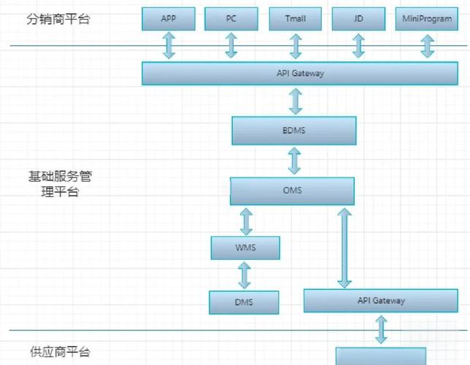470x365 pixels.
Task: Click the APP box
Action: click(x=169, y=19)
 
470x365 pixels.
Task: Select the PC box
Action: click(x=231, y=19)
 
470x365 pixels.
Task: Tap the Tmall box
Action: click(x=296, y=19)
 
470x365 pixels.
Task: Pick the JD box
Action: click(x=358, y=19)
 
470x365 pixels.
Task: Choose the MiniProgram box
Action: click(x=426, y=19)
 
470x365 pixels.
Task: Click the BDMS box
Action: click(x=294, y=130)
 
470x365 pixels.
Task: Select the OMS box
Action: click(x=292, y=191)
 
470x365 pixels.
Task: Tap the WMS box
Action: click(x=245, y=247)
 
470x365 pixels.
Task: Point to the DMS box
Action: click(x=244, y=302)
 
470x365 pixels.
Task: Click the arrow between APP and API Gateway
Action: click(x=169, y=45)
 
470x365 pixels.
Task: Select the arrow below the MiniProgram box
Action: click(x=426, y=45)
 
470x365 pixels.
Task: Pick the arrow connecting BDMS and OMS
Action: click(x=294, y=160)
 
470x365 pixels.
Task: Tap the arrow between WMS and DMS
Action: click(x=244, y=274)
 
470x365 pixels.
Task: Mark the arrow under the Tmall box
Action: click(x=296, y=45)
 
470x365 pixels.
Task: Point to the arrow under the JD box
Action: click(x=358, y=45)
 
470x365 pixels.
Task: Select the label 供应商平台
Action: click(x=60, y=352)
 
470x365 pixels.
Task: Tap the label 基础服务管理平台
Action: click(x=60, y=185)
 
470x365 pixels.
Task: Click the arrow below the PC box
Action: click(x=231, y=45)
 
